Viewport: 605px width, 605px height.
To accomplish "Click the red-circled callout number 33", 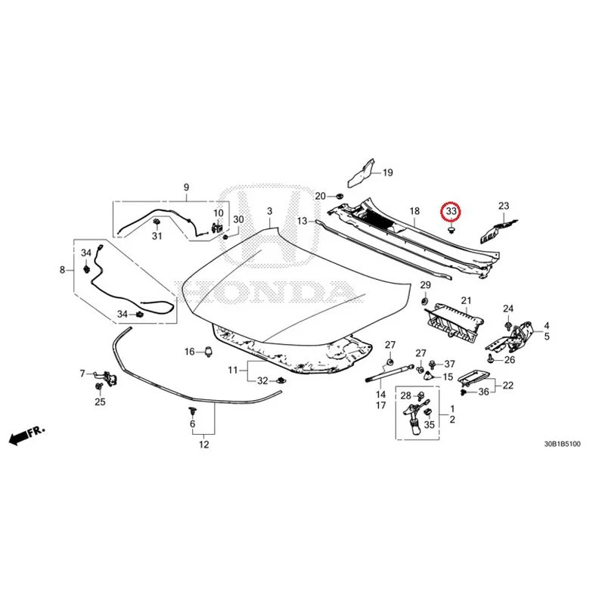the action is click(x=451, y=212).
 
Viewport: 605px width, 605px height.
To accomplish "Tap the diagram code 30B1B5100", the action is click(x=562, y=444).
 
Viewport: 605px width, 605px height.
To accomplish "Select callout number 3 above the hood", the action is click(x=269, y=211).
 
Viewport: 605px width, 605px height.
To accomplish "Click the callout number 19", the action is click(x=387, y=172).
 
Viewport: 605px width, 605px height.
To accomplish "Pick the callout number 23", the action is click(x=504, y=206).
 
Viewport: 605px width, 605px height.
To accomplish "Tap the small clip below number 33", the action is click(x=451, y=230).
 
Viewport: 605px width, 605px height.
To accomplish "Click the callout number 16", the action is click(x=190, y=352).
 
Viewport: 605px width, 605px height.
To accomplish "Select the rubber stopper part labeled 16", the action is click(x=209, y=352).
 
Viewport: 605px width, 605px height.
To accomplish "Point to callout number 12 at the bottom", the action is click(x=203, y=445).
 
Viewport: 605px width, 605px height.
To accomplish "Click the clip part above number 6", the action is click(x=192, y=411).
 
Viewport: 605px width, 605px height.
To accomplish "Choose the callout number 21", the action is click(x=466, y=300).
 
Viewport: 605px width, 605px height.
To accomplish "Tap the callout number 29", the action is click(x=425, y=285).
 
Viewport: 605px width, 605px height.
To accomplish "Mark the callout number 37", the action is click(x=449, y=364).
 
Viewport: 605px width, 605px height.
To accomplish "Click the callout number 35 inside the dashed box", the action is click(x=429, y=425).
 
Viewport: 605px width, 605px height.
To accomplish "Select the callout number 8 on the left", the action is click(x=63, y=270).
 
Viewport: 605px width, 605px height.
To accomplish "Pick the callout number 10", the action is click(x=219, y=213).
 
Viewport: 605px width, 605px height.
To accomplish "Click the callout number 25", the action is click(x=100, y=402).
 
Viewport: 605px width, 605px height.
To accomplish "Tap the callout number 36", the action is click(x=483, y=392).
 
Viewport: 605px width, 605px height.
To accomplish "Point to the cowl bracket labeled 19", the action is click(x=361, y=172).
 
